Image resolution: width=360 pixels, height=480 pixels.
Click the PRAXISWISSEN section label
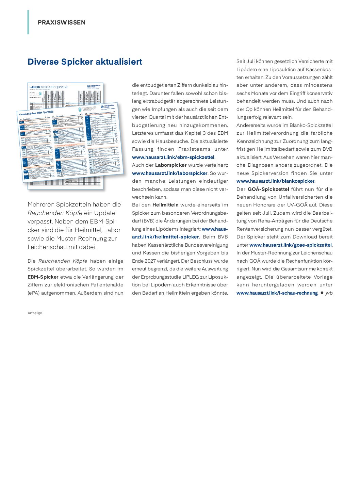62,22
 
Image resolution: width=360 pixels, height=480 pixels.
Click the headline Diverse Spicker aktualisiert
85,62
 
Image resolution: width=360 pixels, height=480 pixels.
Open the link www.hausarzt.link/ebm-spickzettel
173,157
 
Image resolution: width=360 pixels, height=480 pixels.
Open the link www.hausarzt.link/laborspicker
169,173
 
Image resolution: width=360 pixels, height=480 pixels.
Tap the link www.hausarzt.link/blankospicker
275,181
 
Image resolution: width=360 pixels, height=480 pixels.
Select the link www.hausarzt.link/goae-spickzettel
290,245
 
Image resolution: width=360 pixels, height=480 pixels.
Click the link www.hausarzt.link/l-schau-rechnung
277,293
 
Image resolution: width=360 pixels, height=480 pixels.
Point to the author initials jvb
329,293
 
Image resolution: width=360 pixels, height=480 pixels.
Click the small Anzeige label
35,313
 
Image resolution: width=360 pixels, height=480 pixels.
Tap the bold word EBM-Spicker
43,277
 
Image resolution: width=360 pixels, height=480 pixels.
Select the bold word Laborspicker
171,165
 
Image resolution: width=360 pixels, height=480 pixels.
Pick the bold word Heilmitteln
165,205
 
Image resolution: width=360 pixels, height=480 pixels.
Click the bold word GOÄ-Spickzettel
268,189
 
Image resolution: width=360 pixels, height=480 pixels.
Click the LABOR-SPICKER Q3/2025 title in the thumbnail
49,87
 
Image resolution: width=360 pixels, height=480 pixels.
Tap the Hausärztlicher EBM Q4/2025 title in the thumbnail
36,113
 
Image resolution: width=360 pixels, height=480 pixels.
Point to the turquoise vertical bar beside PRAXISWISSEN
28,22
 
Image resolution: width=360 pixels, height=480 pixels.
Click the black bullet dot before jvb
322,293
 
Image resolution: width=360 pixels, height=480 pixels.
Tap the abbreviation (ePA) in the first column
34,293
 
